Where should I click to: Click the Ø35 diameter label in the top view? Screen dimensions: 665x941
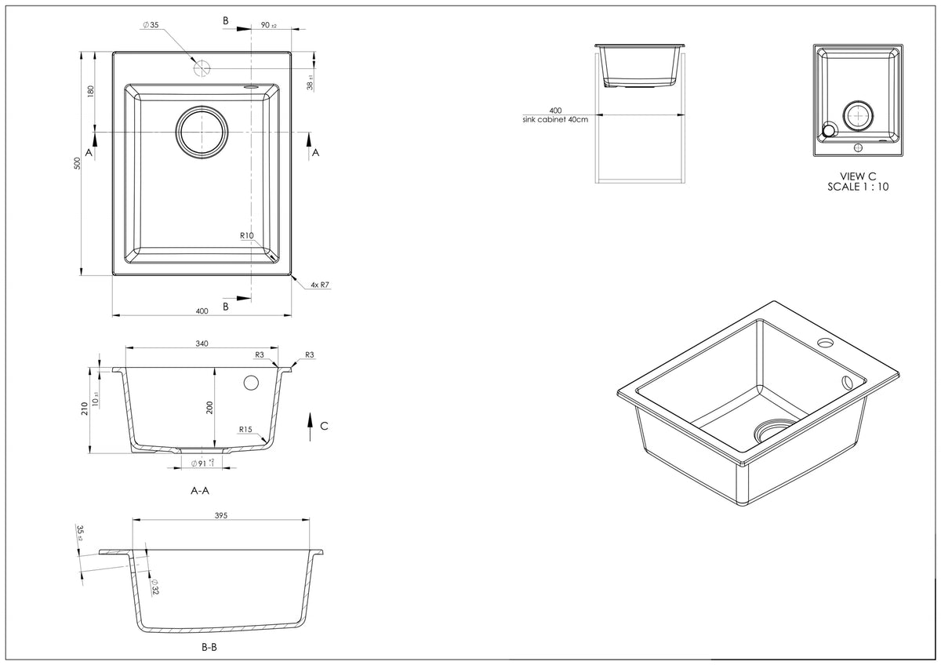pyautogui.click(x=151, y=25)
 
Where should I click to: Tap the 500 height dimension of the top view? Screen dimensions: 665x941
pyautogui.click(x=77, y=163)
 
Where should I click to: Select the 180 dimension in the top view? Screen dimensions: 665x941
pyautogui.click(x=91, y=91)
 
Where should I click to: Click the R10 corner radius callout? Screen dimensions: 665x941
pyautogui.click(x=248, y=236)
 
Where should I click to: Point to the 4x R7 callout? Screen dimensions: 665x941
pyautogui.click(x=319, y=285)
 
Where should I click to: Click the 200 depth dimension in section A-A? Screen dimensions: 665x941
pyautogui.click(x=209, y=407)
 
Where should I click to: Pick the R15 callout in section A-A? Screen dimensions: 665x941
pyautogui.click(x=245, y=430)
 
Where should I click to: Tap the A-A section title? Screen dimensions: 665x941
pyautogui.click(x=200, y=491)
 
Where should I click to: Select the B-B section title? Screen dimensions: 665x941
pyautogui.click(x=209, y=649)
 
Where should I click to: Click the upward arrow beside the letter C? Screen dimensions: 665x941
pyautogui.click(x=311, y=423)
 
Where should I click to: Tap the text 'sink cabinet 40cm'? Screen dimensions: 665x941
pyautogui.click(x=555, y=119)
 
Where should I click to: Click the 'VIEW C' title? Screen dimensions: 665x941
pyautogui.click(x=858, y=176)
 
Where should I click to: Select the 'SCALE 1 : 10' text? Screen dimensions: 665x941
pyautogui.click(x=858, y=187)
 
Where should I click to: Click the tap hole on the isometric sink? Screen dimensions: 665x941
pyautogui.click(x=825, y=343)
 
